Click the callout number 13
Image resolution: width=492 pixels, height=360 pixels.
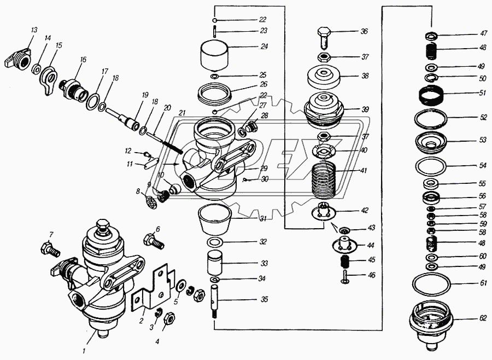click(33, 30)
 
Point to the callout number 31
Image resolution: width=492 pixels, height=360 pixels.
click(263, 219)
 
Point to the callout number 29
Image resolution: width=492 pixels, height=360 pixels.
click(263, 168)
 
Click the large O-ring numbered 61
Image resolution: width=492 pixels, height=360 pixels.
click(431, 284)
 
